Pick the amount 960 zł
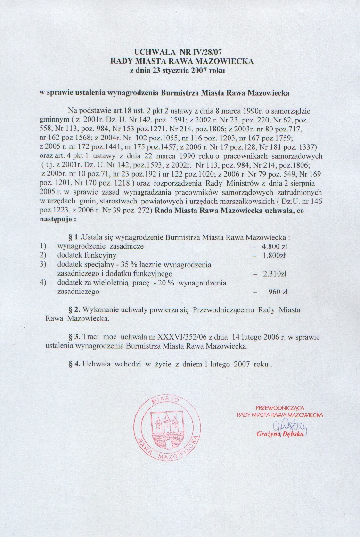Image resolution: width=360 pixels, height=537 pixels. (x=278, y=292)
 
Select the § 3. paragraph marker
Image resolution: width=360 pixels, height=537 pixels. (x=74, y=337)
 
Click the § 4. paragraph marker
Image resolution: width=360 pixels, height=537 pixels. (x=74, y=365)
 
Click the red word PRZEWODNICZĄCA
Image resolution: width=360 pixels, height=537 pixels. (x=279, y=407)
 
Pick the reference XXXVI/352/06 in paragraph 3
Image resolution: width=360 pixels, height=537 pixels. (x=180, y=337)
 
